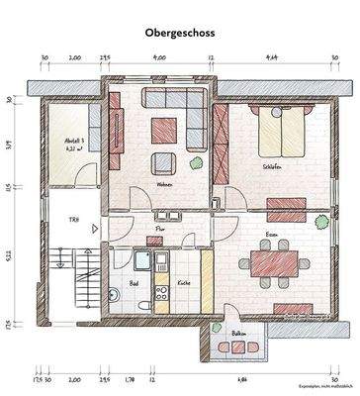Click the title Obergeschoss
(179, 32)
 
